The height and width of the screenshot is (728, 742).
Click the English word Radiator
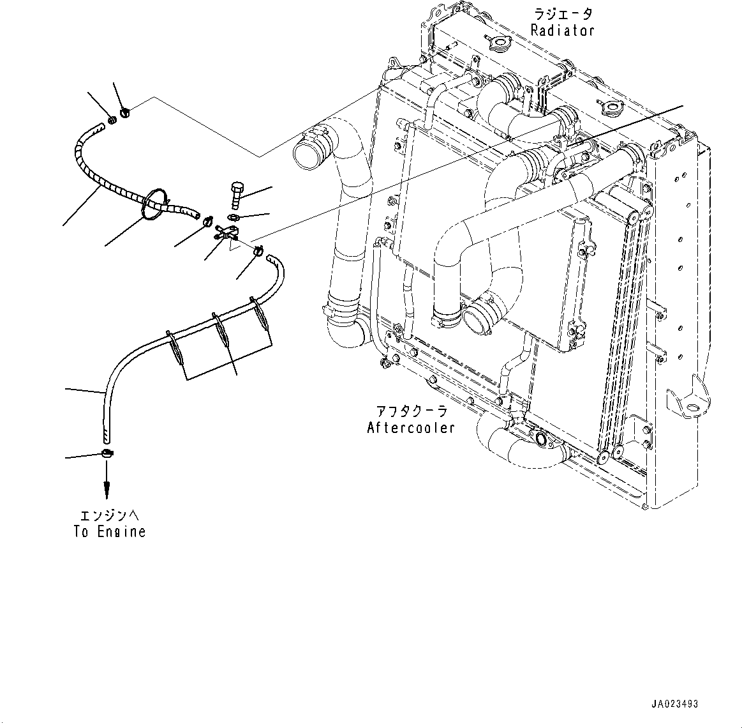[x=562, y=31]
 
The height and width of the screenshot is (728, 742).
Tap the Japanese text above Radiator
[x=563, y=13]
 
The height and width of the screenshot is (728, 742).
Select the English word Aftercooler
[x=411, y=428]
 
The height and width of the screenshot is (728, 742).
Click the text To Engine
[x=109, y=531]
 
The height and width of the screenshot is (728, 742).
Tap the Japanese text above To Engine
[x=110, y=515]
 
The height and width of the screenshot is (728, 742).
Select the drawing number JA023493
[x=674, y=704]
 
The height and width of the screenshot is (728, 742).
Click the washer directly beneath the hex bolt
[x=233, y=217]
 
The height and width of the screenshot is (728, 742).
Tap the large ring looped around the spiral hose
[x=154, y=204]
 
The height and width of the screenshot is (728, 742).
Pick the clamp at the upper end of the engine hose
[x=258, y=250]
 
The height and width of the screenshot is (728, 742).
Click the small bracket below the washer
[x=225, y=232]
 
